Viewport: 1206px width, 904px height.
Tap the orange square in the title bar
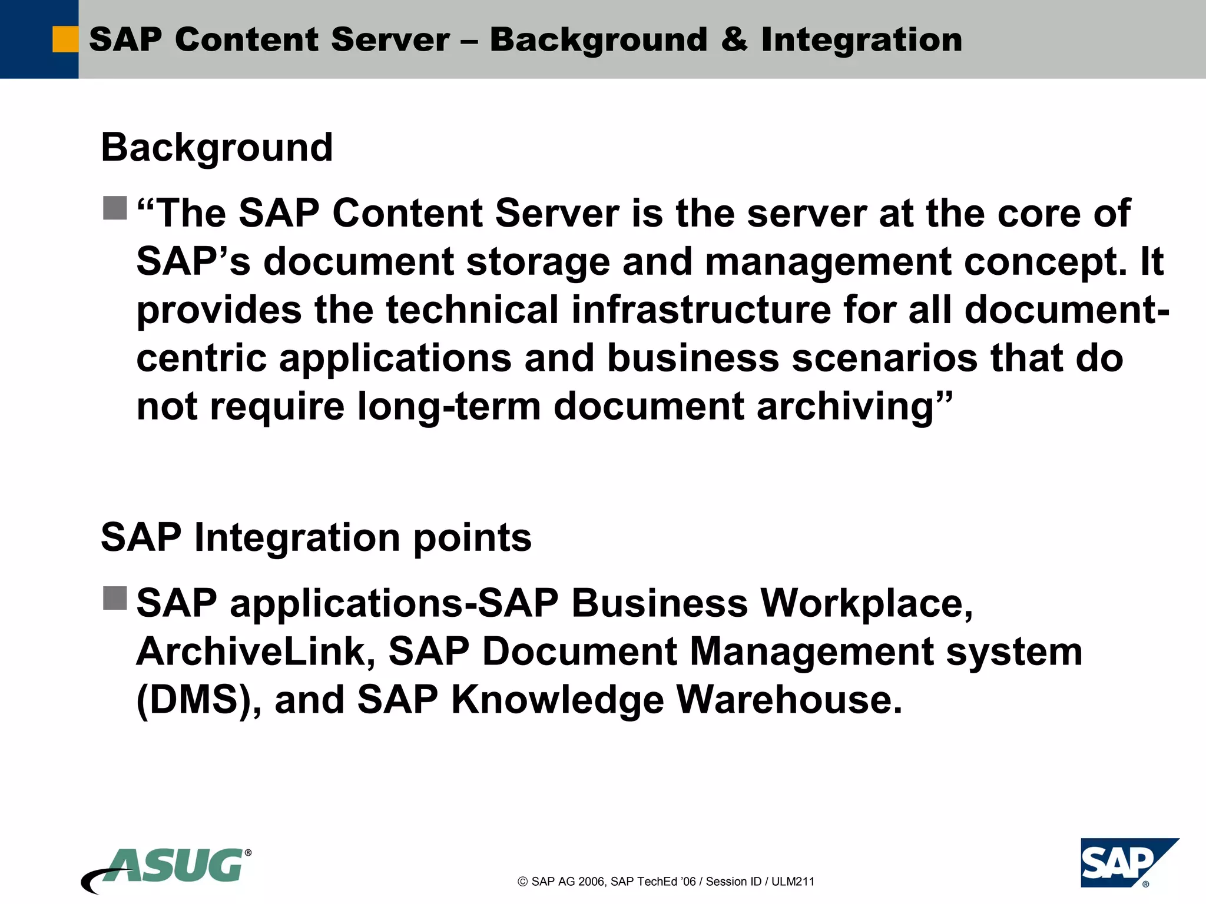coord(65,39)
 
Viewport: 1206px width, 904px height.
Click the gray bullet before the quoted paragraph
coord(115,208)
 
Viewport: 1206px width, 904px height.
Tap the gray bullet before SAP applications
coord(115,598)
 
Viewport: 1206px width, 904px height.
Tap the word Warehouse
coord(788,700)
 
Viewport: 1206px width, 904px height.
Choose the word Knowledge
coord(557,700)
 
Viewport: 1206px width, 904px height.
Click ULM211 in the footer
coord(793,882)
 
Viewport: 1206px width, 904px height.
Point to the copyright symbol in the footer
coord(522,882)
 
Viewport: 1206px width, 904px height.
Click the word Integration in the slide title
coord(862,39)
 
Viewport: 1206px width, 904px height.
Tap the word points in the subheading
coord(472,538)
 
